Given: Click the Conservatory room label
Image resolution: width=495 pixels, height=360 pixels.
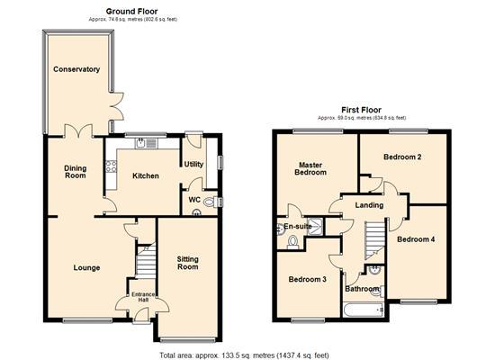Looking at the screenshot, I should click(76, 69).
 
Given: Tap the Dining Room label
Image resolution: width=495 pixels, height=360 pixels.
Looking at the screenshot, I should click(75, 171).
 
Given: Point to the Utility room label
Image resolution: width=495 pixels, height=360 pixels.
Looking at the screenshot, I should click(193, 164).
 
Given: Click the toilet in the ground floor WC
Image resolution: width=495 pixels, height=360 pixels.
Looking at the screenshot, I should click(209, 203).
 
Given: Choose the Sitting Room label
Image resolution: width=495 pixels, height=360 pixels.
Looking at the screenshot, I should click(186, 262).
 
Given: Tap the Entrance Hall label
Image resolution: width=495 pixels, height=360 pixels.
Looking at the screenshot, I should click(142, 296).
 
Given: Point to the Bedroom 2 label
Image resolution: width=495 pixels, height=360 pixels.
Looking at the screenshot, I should click(402, 157).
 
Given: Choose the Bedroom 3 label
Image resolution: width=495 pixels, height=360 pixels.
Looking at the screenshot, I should click(308, 279).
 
